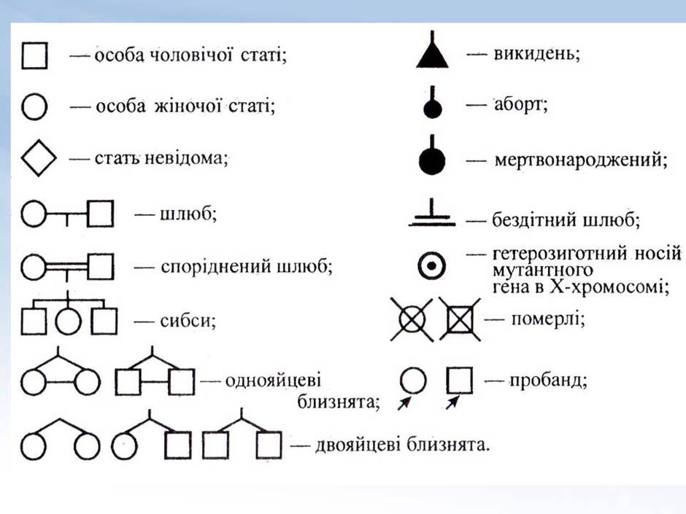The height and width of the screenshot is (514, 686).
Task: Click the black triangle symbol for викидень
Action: coord(432,57)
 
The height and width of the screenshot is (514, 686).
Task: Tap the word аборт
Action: coord(520,105)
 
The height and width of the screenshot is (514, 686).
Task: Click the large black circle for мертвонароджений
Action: coord(432,161)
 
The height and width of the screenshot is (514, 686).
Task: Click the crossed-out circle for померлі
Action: coord(412,319)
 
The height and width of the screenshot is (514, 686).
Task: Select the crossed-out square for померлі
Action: coord(460,319)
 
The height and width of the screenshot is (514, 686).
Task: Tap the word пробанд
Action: coord(547,381)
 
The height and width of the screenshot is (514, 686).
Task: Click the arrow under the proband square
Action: coord(452,402)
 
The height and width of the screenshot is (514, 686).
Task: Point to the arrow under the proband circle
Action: coord(404,403)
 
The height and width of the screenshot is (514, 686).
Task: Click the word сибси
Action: coord(188,322)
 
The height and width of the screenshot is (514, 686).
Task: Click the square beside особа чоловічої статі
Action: coord(23,55)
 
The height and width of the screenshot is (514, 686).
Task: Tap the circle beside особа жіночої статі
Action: coord(22,106)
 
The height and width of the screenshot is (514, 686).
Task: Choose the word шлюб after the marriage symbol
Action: coord(188,214)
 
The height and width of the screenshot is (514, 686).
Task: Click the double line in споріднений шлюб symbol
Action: coord(67,265)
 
